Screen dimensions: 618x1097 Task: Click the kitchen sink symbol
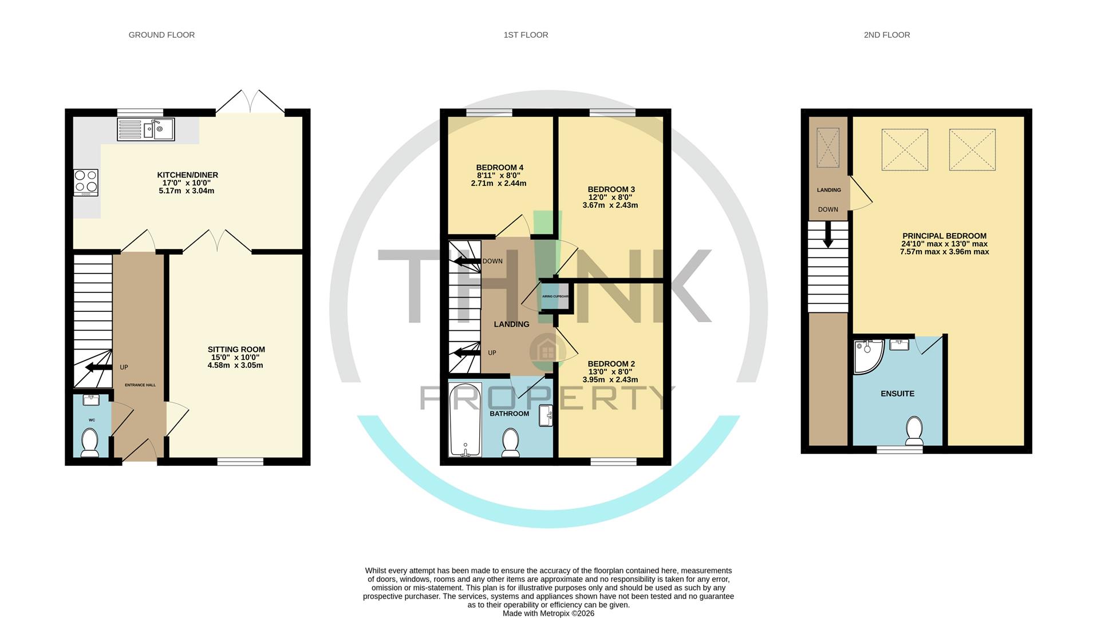[x=146, y=129]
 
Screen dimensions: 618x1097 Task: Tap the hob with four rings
[x=86, y=183]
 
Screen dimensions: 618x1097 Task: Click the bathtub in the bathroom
[x=465, y=419]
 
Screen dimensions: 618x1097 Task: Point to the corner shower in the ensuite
[x=867, y=356]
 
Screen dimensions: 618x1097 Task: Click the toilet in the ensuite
[x=914, y=430]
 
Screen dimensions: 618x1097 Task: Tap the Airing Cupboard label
[x=555, y=296]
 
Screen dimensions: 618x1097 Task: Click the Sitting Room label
[x=236, y=349]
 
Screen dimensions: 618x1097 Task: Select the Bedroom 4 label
[x=499, y=168]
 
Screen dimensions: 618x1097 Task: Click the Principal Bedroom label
[x=944, y=236]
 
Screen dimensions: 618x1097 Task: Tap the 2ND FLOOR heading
[x=886, y=35]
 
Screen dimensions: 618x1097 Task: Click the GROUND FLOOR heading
[x=161, y=35]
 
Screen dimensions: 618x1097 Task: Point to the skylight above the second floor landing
[x=827, y=148]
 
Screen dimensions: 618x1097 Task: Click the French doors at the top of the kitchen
[x=250, y=102]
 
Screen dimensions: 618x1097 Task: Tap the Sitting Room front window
[x=240, y=461]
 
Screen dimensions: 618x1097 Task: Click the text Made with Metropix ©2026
[x=548, y=613]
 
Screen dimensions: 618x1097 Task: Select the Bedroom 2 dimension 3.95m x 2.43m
[x=610, y=379]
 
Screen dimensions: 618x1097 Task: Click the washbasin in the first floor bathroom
[x=546, y=416]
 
